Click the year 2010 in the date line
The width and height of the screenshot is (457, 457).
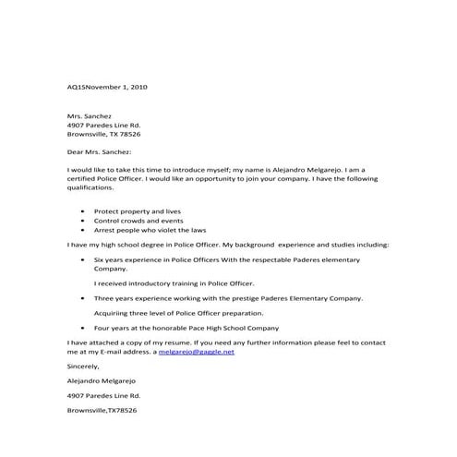(138, 87)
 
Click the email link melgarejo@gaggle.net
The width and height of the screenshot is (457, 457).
(197, 352)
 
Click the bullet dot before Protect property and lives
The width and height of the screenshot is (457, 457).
(84, 211)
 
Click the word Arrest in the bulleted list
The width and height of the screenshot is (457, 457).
(105, 230)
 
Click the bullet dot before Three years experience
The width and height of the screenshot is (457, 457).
(84, 299)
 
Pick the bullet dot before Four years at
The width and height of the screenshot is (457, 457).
(84, 328)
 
